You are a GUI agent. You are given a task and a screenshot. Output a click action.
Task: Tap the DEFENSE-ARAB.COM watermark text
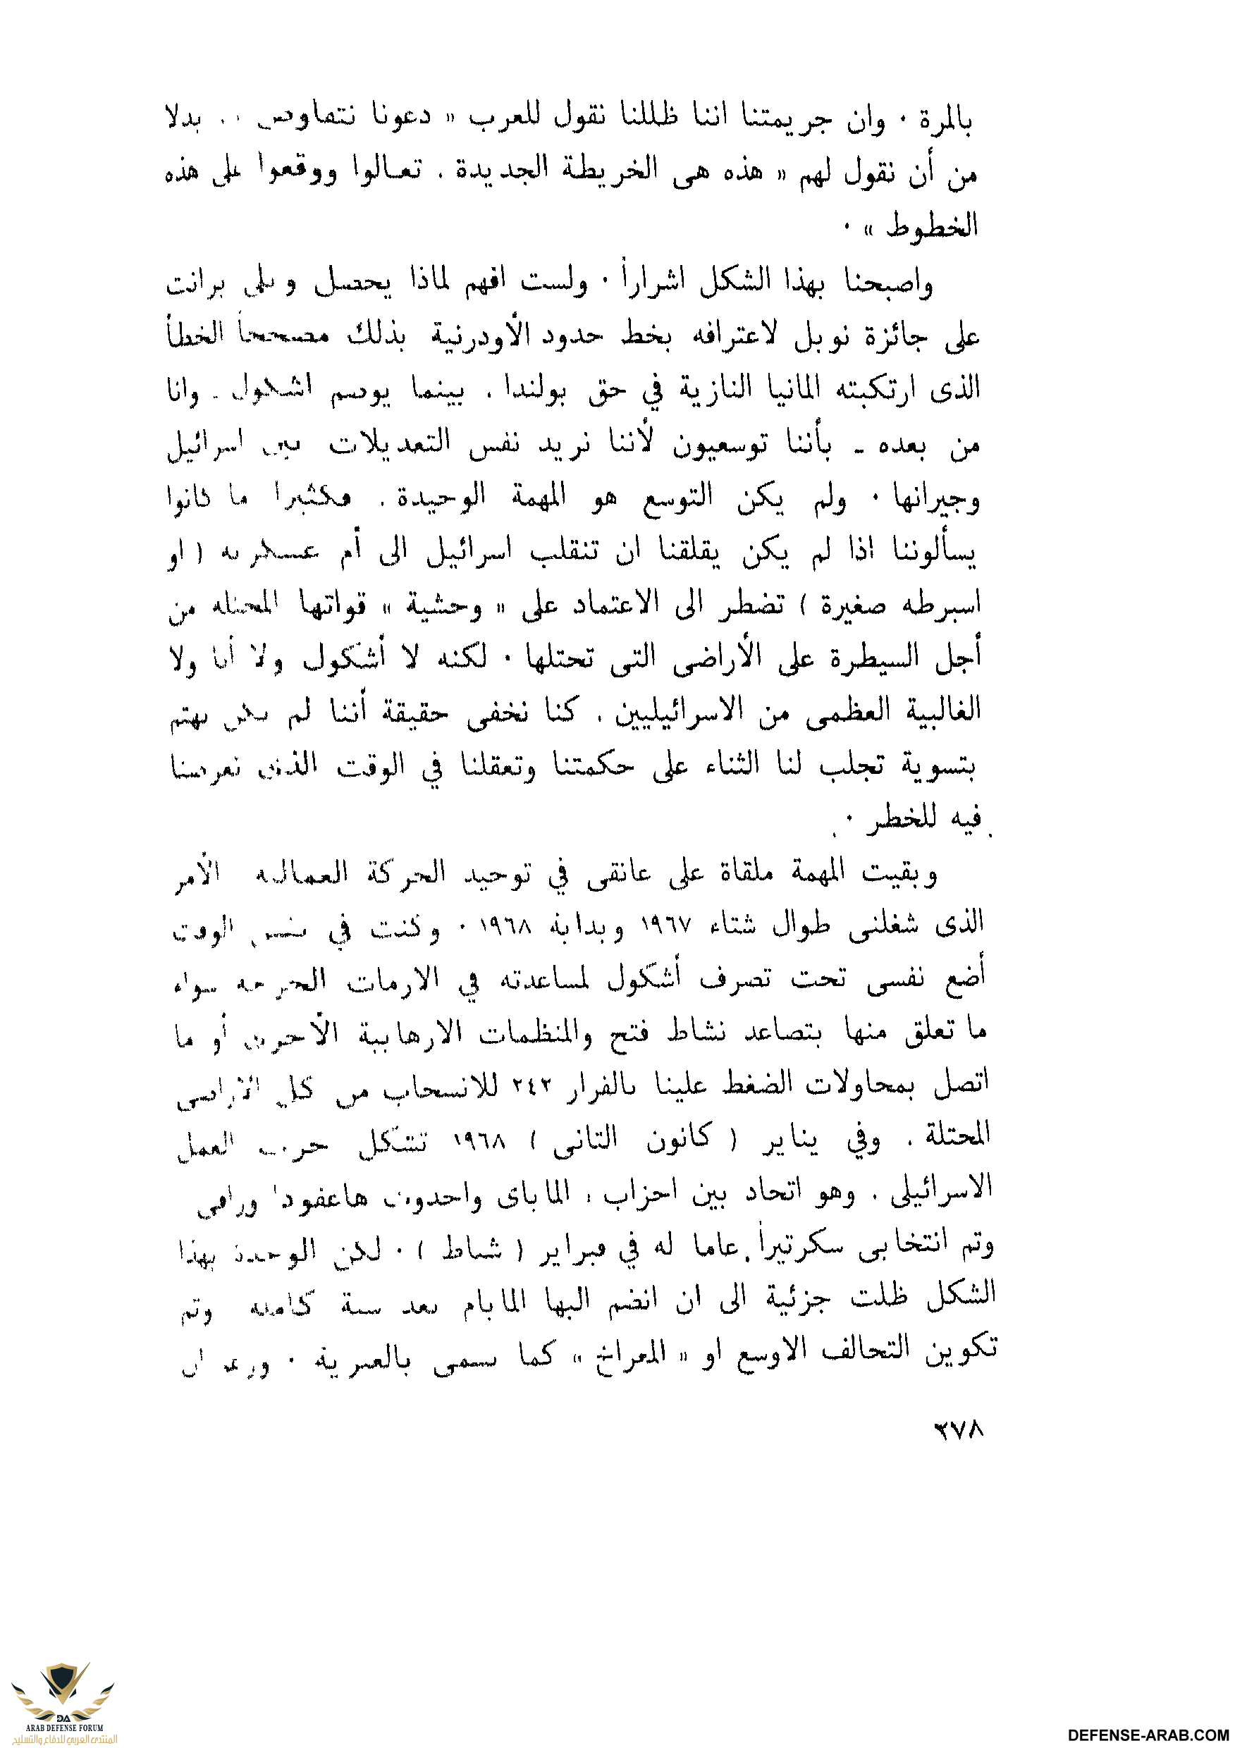pyautogui.click(x=1150, y=1735)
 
